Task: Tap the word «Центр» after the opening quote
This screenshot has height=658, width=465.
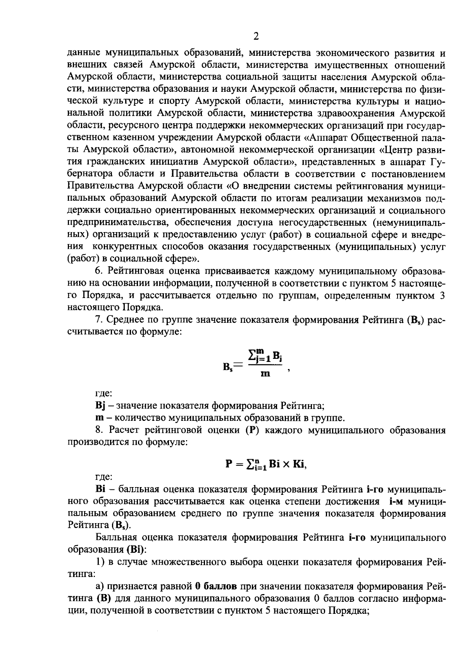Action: point(405,150)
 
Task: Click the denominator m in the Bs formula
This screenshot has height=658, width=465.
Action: point(265,374)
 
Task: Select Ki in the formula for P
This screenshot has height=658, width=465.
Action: point(299,464)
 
